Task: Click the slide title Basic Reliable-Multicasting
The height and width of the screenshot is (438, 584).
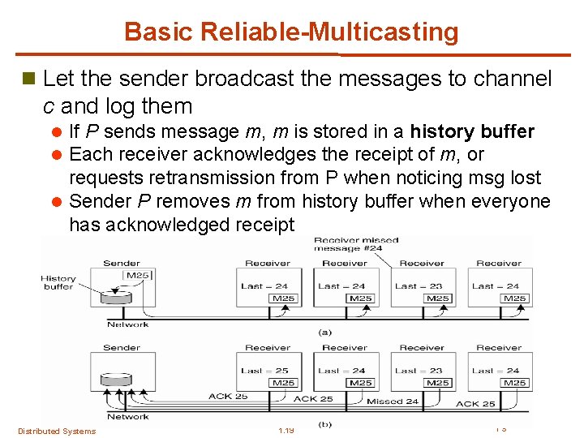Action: click(291, 32)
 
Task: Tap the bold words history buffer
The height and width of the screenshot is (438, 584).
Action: click(473, 131)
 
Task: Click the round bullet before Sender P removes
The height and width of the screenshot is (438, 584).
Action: click(55, 201)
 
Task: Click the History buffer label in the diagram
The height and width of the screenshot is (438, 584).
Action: click(58, 282)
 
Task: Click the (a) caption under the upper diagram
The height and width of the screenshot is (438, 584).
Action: click(324, 331)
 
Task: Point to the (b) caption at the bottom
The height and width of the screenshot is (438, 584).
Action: click(324, 424)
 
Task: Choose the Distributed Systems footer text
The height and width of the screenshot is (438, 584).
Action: click(56, 431)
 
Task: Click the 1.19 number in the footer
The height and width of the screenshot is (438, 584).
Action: click(285, 430)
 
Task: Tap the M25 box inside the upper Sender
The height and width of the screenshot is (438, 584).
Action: click(137, 277)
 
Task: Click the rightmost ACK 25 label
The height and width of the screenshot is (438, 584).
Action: click(475, 403)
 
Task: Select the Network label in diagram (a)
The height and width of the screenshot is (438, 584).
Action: click(128, 324)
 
